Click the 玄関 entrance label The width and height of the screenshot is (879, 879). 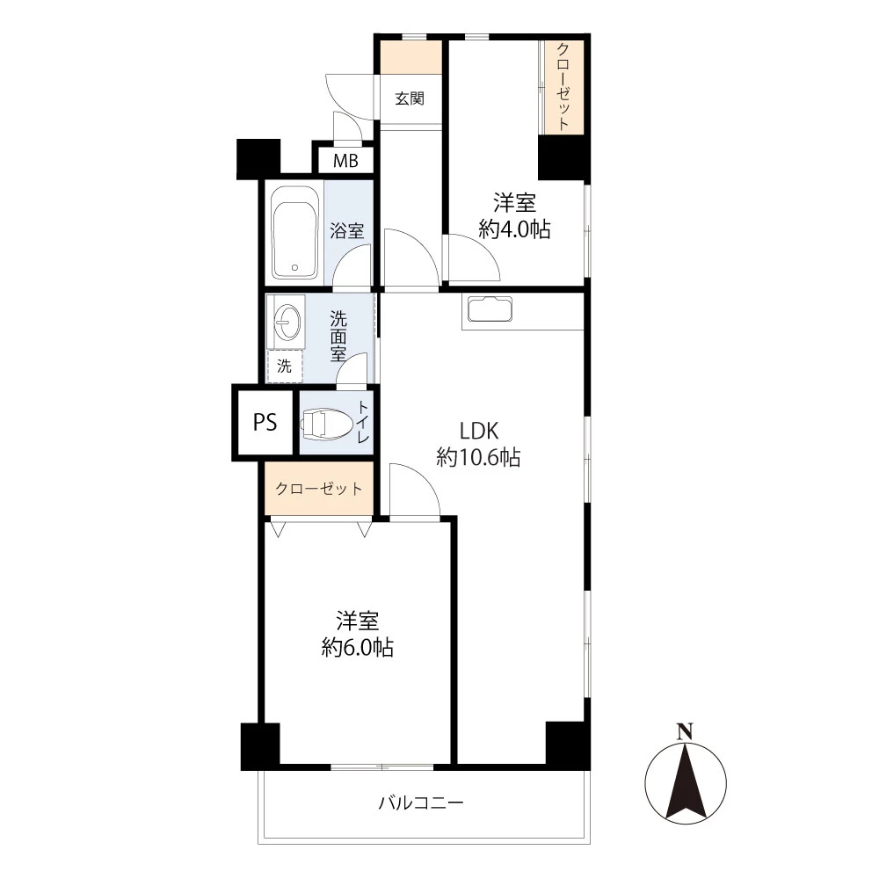(x=410, y=98)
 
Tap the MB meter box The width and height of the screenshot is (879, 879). (x=345, y=161)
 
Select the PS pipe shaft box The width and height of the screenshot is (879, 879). (x=265, y=422)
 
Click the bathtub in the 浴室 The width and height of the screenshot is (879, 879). (x=294, y=232)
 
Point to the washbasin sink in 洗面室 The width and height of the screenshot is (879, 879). (x=287, y=322)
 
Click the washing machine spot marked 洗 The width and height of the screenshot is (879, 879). (x=284, y=366)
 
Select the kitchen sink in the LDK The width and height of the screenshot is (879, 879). (x=490, y=309)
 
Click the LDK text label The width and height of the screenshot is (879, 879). (x=479, y=431)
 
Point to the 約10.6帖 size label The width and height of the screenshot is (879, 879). (x=478, y=457)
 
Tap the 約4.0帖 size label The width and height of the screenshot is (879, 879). (x=514, y=229)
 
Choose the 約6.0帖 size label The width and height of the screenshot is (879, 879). (x=357, y=648)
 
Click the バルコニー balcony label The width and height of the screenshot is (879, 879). (x=421, y=803)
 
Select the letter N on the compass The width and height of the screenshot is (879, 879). (x=685, y=731)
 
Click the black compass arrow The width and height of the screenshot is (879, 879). (x=685, y=780)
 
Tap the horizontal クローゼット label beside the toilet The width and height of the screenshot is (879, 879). (x=319, y=489)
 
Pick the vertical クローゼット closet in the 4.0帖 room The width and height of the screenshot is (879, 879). (x=563, y=87)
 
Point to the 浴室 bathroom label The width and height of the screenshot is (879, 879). (x=347, y=230)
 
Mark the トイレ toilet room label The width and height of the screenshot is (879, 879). (x=363, y=422)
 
